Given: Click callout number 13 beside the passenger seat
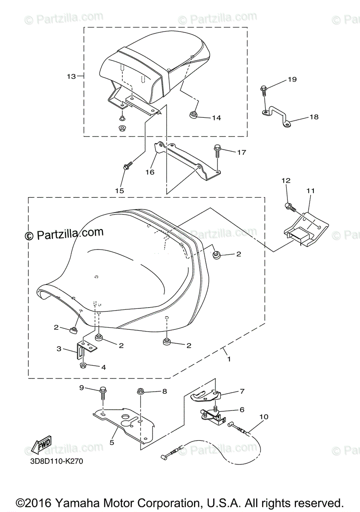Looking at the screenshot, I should [x=71, y=76].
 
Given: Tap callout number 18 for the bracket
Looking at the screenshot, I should [x=314, y=117].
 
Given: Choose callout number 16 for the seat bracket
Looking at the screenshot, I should [x=149, y=172].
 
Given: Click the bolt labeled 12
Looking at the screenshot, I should [x=290, y=207].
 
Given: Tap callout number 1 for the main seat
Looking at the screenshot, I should [x=229, y=359].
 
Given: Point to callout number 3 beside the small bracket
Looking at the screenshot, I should [x=59, y=349].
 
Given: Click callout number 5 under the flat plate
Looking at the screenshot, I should [x=112, y=442].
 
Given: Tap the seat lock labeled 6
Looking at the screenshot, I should [x=211, y=416].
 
